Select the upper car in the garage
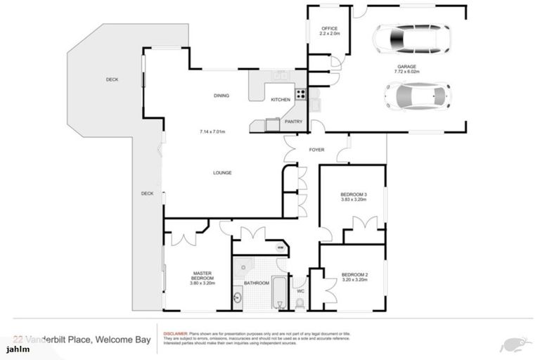coord(411,39)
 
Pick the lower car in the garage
coord(418,96)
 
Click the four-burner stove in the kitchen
coord(300,93)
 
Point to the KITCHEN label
coord(281,100)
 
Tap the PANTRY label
coord(293,121)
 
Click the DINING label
coord(223,96)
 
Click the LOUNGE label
coord(223,172)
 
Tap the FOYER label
coord(316,150)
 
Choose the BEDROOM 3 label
coord(354,193)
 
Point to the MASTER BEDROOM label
coord(202,277)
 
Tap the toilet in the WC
coord(300,303)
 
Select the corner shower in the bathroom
coord(243,266)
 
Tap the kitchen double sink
coord(280,75)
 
